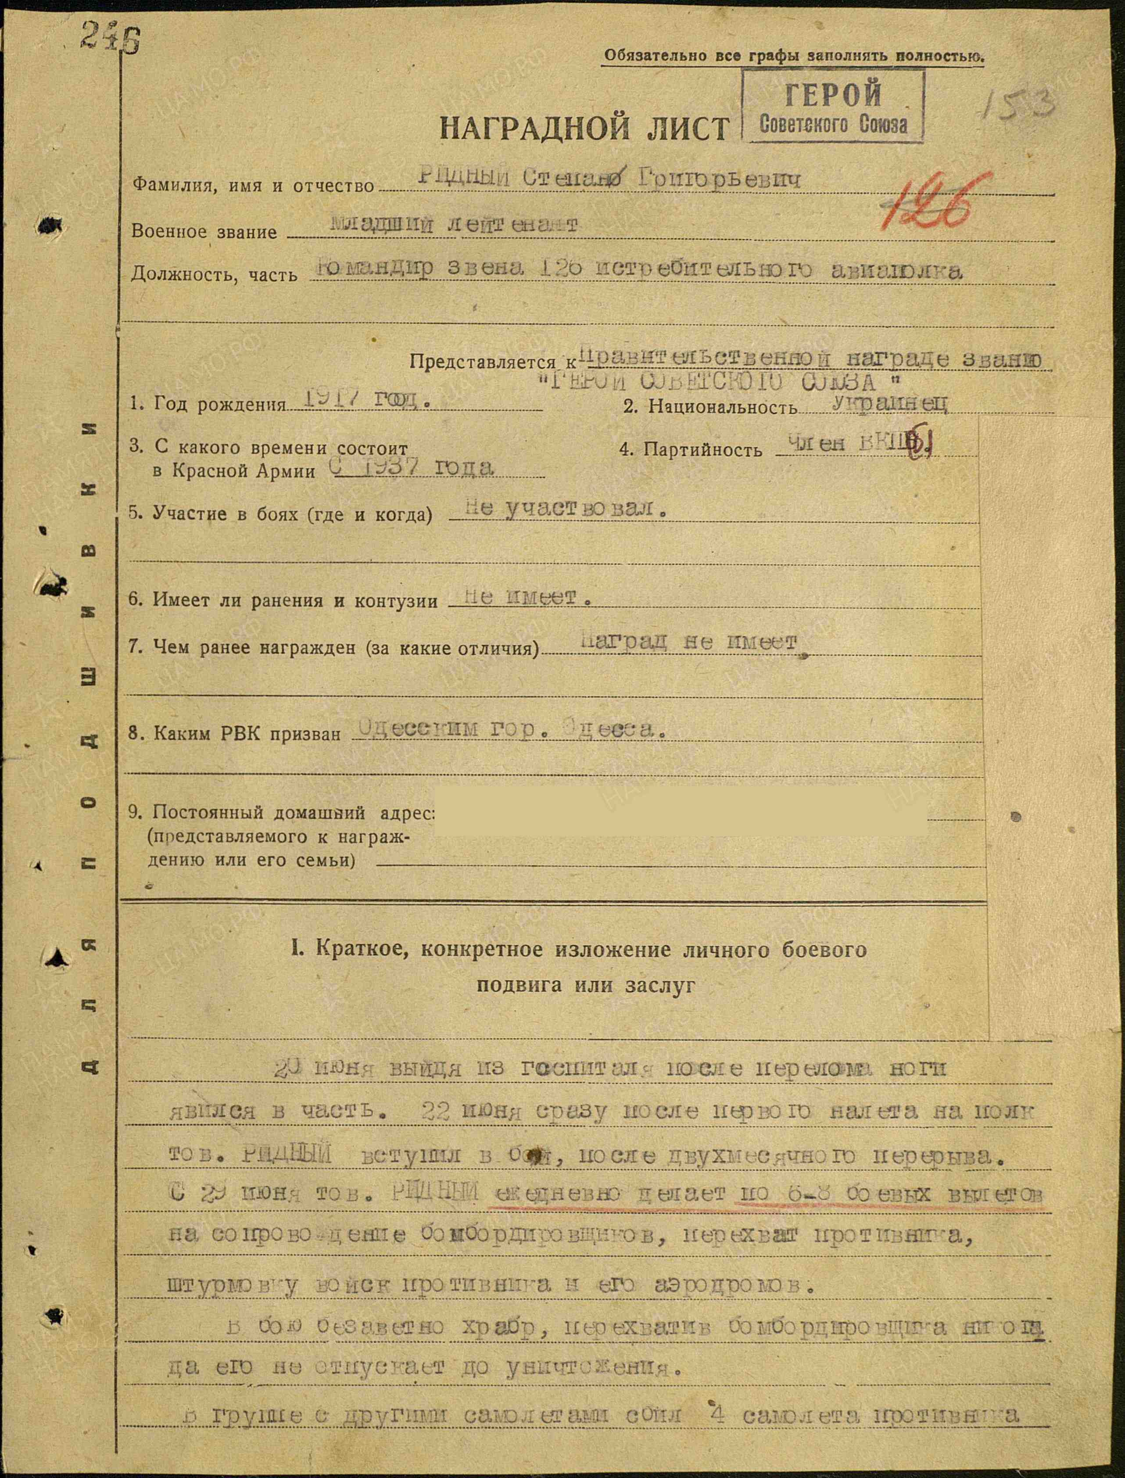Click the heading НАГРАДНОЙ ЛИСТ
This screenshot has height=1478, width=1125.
(x=584, y=127)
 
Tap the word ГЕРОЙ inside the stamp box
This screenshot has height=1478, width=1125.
(x=833, y=94)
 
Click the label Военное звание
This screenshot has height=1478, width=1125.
(x=204, y=232)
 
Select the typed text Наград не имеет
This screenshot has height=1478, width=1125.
(x=690, y=643)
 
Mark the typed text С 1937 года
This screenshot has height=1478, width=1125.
(x=412, y=467)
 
